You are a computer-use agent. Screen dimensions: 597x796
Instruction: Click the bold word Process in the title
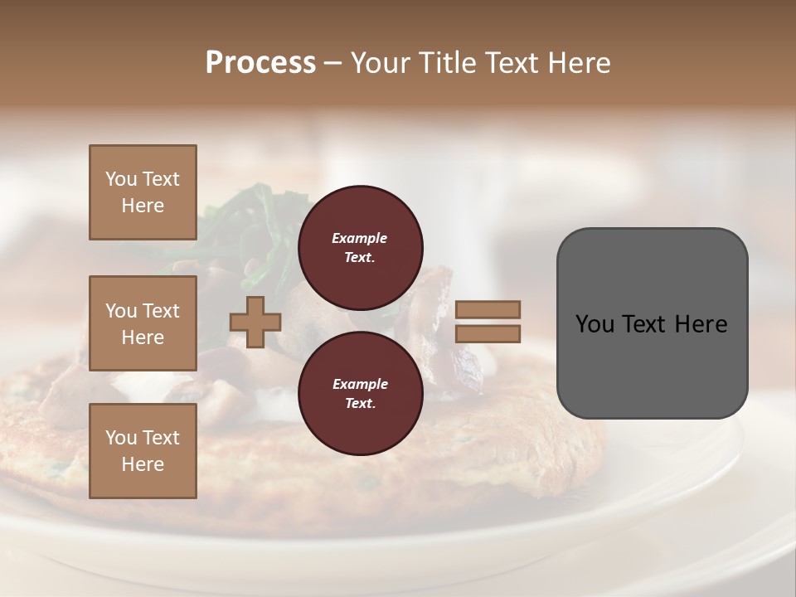point(260,62)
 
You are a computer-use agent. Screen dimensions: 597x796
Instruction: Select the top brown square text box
point(143,192)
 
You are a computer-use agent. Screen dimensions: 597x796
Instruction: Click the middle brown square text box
point(143,323)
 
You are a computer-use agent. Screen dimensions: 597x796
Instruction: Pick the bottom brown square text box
point(143,451)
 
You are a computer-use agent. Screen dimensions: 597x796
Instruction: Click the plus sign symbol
point(255,323)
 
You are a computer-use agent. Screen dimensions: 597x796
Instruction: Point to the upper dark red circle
point(360,247)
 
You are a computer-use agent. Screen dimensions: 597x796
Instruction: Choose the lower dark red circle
point(360,393)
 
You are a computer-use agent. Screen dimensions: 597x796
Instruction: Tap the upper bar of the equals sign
point(488,309)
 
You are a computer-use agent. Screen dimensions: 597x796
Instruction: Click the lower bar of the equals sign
point(488,334)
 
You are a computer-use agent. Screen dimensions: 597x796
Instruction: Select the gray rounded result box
point(652,323)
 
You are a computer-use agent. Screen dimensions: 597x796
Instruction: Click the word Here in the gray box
point(701,324)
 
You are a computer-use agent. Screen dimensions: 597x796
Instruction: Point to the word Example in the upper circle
point(360,238)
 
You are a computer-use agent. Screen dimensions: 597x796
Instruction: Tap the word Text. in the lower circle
point(360,404)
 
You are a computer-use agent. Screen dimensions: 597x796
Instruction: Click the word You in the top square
point(121,179)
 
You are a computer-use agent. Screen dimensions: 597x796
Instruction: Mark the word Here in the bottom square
point(143,464)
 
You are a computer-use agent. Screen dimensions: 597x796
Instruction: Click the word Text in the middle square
point(160,311)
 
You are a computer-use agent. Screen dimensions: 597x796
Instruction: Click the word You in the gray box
point(594,324)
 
